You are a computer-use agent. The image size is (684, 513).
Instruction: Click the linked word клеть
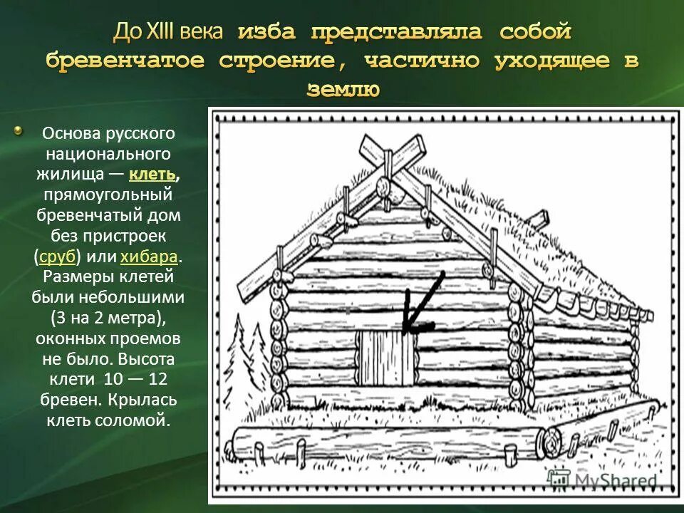pos(153,174)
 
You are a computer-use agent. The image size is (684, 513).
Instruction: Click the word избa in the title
pos(268,32)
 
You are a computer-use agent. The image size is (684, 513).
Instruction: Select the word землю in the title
pos(343,88)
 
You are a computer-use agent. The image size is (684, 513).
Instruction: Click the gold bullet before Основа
pos(19,131)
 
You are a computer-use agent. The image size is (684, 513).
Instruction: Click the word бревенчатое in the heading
pos(128,61)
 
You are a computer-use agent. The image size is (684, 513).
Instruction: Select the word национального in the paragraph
pos(108,153)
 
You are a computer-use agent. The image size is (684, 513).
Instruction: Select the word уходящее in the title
pos(551,61)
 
